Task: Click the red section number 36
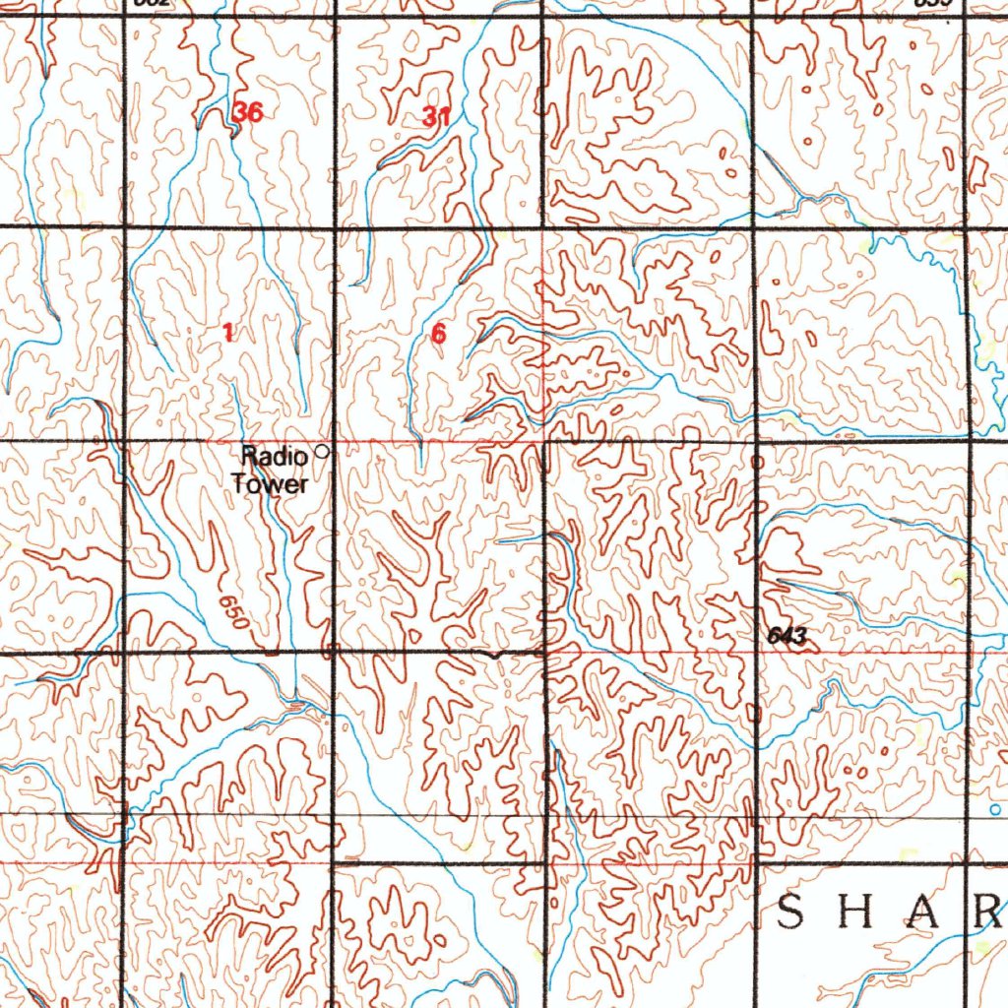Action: (248, 112)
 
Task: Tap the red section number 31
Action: (436, 117)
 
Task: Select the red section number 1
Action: (228, 334)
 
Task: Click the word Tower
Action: (271, 483)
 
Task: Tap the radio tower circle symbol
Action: (321, 453)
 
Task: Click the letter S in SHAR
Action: (792, 914)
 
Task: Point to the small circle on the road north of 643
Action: (756, 461)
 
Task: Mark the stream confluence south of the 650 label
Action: (295, 702)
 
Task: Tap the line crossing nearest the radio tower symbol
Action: (334, 440)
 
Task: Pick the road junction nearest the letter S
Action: (756, 863)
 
